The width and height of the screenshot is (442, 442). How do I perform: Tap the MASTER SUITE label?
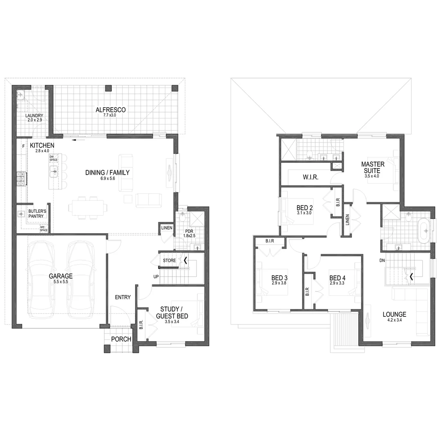(373, 167)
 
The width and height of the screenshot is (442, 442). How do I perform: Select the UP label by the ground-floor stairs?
(156, 277)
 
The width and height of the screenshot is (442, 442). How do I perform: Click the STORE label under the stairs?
(169, 260)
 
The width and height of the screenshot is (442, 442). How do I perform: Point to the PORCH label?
(121, 339)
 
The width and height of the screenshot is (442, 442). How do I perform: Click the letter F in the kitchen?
(23, 146)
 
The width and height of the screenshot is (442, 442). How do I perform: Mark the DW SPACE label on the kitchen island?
(52, 158)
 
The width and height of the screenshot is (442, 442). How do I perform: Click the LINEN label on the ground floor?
(166, 228)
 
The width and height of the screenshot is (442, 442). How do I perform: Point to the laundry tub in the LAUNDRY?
(21, 95)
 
